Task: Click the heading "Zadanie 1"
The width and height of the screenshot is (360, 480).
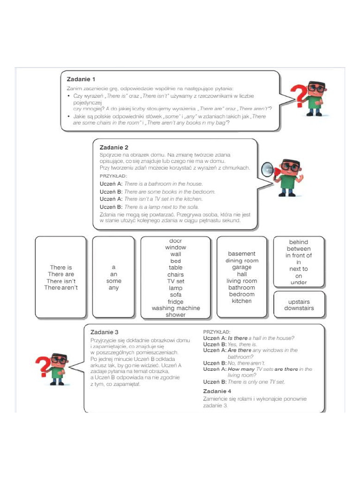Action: [x=81, y=79]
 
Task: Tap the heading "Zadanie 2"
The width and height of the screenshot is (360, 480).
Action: [x=114, y=147]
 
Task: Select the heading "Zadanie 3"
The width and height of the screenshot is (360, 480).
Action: [x=104, y=332]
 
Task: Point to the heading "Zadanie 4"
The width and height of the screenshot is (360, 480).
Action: [x=217, y=390]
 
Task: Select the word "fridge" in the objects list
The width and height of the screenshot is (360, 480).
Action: [x=175, y=301]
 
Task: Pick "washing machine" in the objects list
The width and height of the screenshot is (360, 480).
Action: [x=175, y=308]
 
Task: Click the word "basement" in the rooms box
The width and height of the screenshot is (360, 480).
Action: [x=241, y=254]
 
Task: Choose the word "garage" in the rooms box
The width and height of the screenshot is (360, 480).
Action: [x=241, y=267]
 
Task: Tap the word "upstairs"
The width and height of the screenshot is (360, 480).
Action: [x=299, y=301]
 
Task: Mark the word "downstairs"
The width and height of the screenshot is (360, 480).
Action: [x=299, y=308]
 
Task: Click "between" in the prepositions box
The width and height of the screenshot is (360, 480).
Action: [x=299, y=249]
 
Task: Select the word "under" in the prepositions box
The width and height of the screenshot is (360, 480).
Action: [x=299, y=282]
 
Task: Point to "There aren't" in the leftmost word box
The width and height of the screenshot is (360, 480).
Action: [x=61, y=287]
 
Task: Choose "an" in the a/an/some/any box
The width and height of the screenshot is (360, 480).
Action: [x=113, y=274]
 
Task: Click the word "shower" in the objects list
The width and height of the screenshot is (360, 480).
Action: [x=175, y=315]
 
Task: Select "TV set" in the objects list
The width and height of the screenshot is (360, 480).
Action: [x=175, y=281]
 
